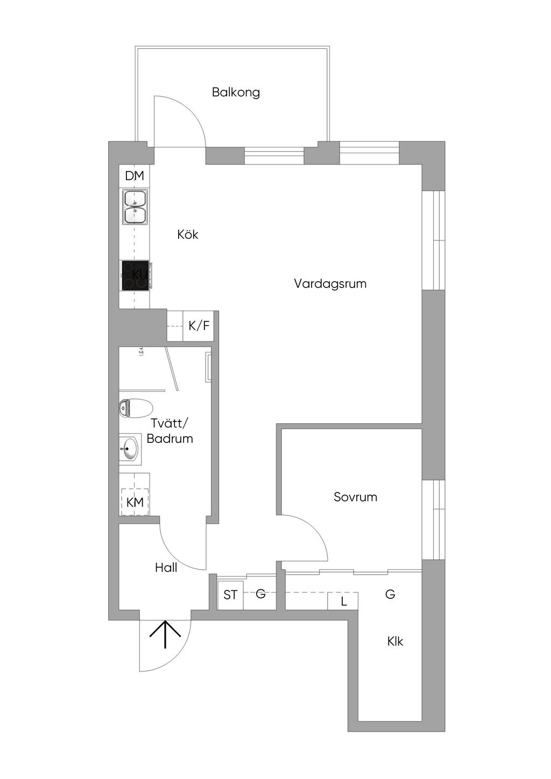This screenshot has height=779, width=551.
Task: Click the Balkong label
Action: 236,92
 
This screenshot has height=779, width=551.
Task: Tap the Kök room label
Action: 188,234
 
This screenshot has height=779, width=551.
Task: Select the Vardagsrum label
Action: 330,283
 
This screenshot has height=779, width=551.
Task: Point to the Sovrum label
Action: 355,497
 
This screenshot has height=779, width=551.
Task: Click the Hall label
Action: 166,567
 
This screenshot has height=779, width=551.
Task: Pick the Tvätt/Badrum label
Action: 169,431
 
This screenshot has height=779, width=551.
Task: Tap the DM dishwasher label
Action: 135,176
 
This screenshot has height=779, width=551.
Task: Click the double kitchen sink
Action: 135,206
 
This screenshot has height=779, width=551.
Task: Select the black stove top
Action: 135,275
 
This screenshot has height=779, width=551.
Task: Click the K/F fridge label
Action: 199,326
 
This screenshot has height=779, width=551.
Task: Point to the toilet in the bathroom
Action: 135,409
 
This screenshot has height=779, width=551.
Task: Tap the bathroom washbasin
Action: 130,448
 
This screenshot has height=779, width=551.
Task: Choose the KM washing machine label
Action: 135,502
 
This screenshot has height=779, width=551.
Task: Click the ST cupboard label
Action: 230,595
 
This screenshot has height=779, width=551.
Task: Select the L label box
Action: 343,601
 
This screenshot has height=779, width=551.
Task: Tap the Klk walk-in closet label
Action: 395,641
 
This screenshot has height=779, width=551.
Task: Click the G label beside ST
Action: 260,594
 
